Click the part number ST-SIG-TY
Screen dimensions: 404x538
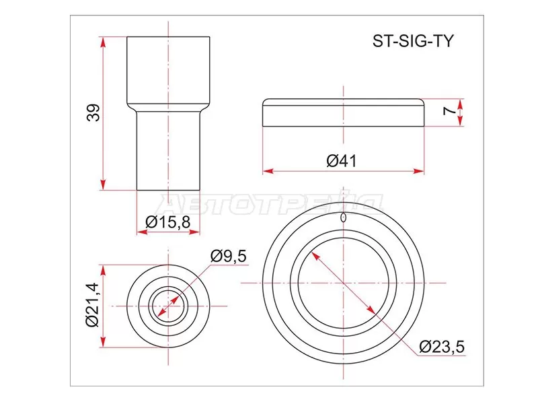coord(414,40)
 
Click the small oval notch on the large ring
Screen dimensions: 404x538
coord(344,217)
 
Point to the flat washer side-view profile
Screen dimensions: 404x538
coord(344,113)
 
